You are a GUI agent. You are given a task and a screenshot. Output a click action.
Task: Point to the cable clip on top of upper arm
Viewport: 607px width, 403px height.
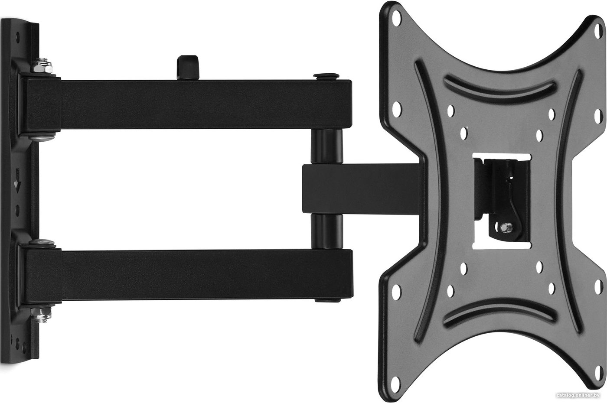click(x=187, y=67)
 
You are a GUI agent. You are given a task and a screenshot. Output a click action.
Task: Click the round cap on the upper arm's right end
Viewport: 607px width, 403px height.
click(x=326, y=76)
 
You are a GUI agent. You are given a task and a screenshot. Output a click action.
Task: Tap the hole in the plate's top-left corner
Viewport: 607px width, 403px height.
click(x=396, y=18)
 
